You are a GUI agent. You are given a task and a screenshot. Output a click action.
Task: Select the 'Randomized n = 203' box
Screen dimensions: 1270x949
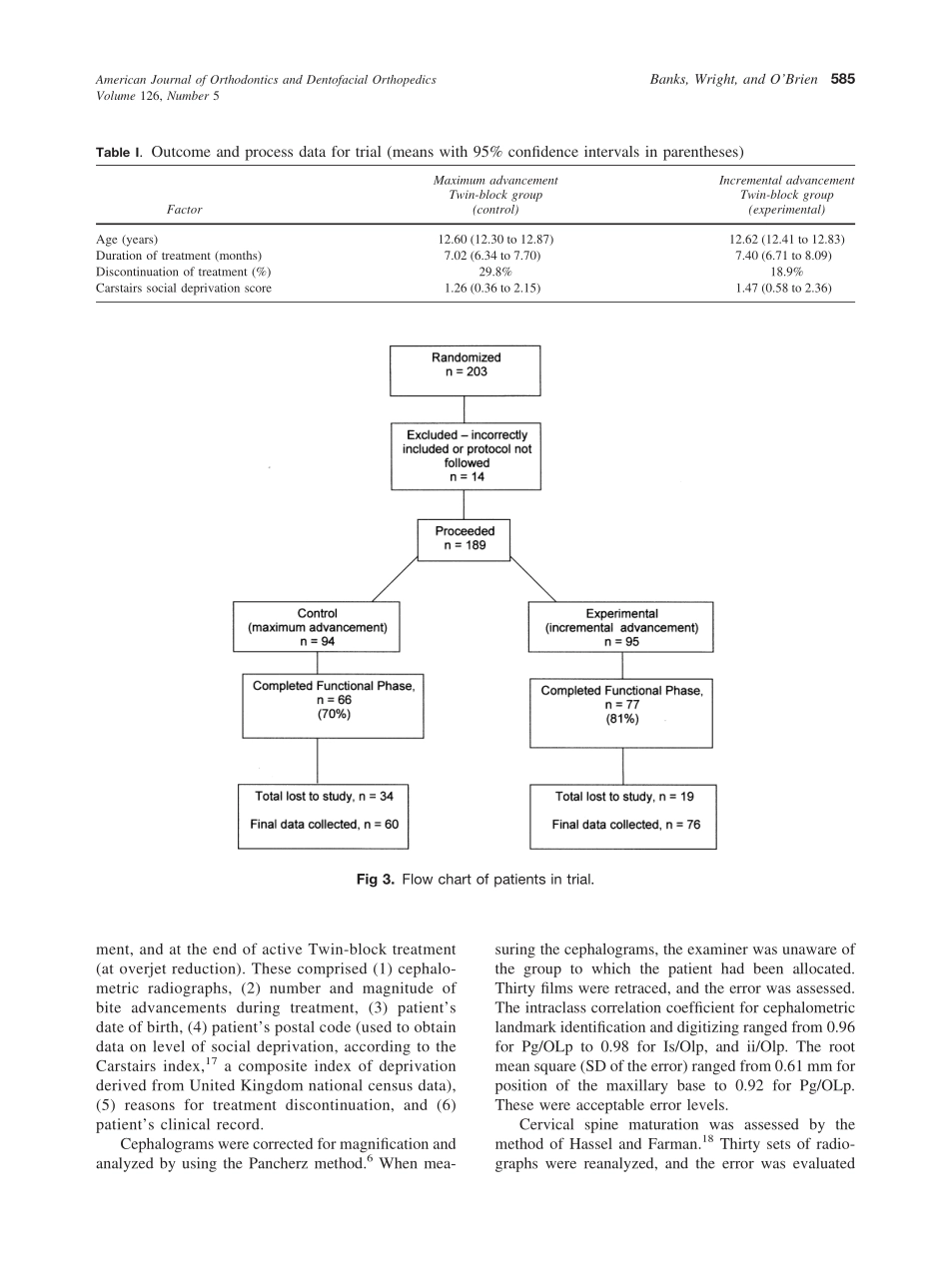coord(466,370)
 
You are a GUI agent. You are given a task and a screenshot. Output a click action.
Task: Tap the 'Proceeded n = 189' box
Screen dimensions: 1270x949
coord(465,539)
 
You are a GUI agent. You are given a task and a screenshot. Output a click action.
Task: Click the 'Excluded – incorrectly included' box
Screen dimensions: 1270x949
coord(467,456)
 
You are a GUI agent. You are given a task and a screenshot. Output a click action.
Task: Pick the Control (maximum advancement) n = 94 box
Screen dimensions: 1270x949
coord(317,627)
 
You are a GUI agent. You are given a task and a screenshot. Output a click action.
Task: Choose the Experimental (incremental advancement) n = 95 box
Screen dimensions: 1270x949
coord(621,627)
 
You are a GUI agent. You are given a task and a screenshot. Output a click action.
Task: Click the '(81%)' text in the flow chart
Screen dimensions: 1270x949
coord(621,719)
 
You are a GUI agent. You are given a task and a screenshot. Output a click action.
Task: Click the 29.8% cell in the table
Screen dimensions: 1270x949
coord(495,272)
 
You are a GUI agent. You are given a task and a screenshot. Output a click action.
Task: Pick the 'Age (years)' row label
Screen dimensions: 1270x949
coord(127,240)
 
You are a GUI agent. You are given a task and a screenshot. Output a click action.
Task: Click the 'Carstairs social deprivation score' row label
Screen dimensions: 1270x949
coord(183,289)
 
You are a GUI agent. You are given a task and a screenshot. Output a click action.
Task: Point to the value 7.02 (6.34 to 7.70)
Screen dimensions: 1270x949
coord(495,256)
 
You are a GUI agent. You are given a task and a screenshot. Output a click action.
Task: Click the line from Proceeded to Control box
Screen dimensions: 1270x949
coord(395,580)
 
